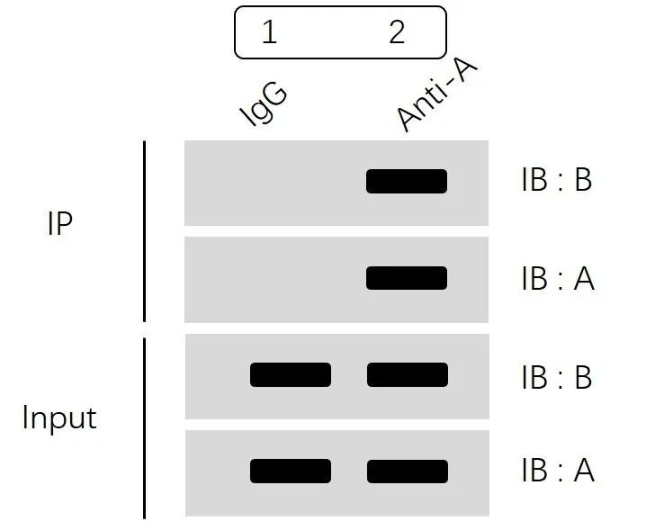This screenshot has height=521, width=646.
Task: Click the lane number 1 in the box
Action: click(x=268, y=33)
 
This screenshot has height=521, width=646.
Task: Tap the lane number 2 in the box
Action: click(x=397, y=32)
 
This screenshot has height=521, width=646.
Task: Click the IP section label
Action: click(x=58, y=224)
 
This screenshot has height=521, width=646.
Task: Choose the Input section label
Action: click(x=59, y=418)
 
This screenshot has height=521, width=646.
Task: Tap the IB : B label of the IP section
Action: click(x=556, y=181)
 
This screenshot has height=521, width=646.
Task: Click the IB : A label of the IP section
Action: click(x=557, y=279)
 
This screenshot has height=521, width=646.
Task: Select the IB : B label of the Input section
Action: click(x=556, y=377)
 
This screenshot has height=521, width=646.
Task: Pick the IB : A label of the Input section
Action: click(x=557, y=471)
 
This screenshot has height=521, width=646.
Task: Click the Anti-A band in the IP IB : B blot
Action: click(x=407, y=181)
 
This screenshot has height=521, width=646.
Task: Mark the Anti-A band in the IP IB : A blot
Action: click(x=407, y=278)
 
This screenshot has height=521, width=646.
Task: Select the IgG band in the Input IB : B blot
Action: click(x=291, y=374)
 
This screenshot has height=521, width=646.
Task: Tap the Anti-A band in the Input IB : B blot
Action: click(x=407, y=374)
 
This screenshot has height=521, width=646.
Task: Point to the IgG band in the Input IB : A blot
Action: click(x=291, y=472)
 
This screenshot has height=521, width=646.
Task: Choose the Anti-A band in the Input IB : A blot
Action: click(x=407, y=472)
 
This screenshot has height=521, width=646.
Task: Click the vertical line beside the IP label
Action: click(x=144, y=230)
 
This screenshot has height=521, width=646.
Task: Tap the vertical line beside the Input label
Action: click(x=144, y=427)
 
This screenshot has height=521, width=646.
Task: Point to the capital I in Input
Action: click(x=25, y=418)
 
